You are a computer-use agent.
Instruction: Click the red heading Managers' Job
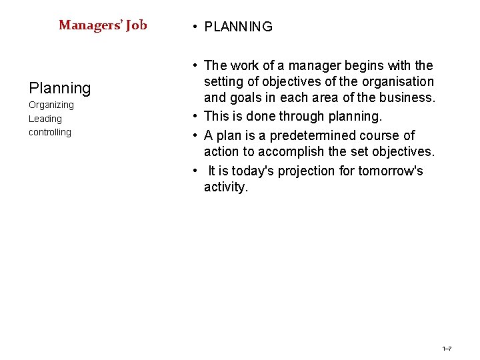(x=103, y=25)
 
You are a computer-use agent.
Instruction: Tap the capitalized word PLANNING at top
(x=238, y=27)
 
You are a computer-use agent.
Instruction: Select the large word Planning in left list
(x=59, y=88)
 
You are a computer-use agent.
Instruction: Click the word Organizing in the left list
(x=51, y=105)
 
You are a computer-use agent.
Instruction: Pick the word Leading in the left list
(x=45, y=119)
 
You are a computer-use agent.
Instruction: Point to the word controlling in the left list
(x=50, y=132)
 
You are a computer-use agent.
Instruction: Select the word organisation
(x=399, y=82)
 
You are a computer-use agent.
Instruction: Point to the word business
(x=408, y=98)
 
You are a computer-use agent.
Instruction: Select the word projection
(x=307, y=171)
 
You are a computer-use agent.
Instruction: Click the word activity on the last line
(x=225, y=187)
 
